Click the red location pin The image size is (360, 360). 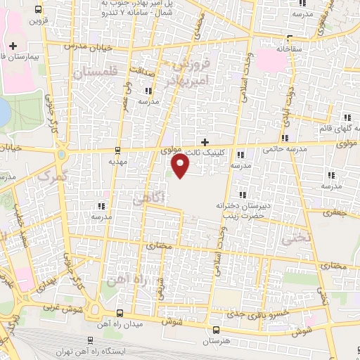pyautogui.click(x=181, y=166)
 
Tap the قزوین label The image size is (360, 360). pyautogui.click(x=36, y=20)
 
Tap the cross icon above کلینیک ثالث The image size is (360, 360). pyautogui.click(x=205, y=141)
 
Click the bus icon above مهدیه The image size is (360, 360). pyautogui.click(x=117, y=149)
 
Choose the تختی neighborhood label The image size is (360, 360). pyautogui.click(x=295, y=239)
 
